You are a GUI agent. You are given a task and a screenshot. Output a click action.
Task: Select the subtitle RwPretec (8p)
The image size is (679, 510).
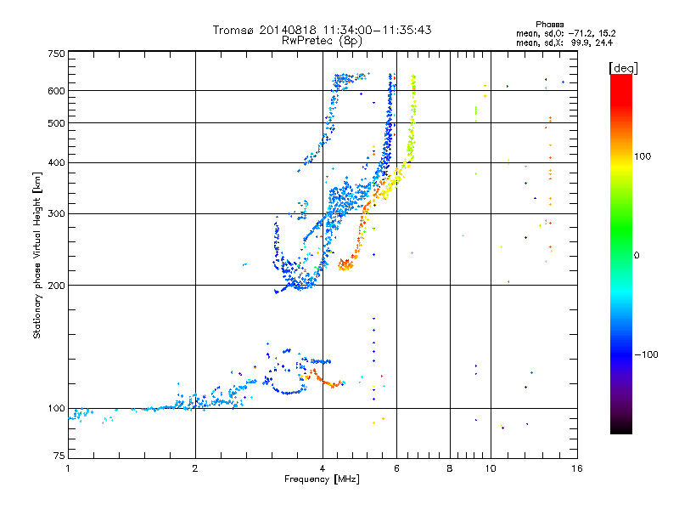322,41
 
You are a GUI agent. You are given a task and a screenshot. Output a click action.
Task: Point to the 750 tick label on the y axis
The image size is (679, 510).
56,54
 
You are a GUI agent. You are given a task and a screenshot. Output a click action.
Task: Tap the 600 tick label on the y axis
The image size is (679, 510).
56,91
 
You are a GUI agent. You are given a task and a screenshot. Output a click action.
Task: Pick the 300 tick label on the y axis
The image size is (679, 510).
56,213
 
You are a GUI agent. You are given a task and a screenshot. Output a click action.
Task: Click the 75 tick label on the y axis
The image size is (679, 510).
59,456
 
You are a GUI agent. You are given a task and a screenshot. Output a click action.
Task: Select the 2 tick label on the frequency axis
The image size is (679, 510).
195,468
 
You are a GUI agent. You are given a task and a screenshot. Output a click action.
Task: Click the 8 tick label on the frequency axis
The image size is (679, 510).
450,468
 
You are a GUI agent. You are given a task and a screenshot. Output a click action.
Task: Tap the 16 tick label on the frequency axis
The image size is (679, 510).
577,468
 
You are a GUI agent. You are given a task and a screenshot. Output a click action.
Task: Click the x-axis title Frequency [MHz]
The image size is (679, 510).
322,479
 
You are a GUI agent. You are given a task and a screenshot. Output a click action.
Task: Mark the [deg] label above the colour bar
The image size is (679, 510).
623,68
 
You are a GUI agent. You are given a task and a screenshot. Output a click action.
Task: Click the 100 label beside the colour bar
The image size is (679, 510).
643,156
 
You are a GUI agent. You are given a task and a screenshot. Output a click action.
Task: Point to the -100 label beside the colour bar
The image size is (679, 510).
646,354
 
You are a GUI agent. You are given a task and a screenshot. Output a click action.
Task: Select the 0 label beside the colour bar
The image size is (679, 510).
637,255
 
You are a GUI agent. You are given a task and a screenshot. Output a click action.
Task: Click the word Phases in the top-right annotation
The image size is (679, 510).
549,25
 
